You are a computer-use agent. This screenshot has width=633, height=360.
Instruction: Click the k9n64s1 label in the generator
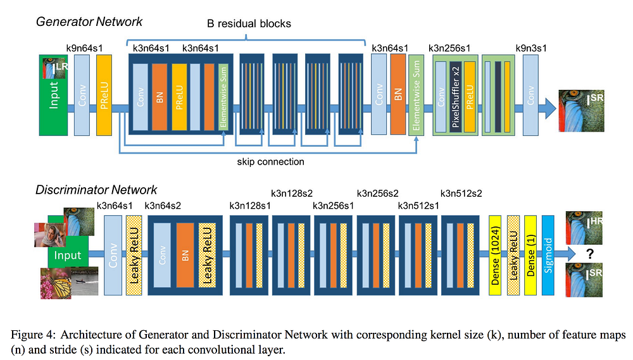[x=84, y=49]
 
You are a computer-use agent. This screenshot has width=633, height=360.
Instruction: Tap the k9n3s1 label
[x=531, y=49]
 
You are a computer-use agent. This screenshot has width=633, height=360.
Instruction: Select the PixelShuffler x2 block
[x=455, y=97]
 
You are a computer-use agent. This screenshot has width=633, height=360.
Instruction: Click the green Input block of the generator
[x=53, y=96]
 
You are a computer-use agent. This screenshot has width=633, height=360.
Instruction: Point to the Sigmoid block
[x=548, y=255]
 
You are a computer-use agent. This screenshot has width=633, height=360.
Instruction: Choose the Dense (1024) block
[x=495, y=255]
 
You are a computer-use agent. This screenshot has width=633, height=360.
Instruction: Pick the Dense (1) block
[x=530, y=255]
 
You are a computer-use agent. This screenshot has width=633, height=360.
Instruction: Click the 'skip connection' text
[x=270, y=162]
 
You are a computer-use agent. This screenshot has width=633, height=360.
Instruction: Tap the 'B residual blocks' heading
[x=249, y=24]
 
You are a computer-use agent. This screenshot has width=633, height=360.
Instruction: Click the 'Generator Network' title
[x=89, y=22]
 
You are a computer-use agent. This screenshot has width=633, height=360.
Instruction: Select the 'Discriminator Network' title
[x=96, y=190]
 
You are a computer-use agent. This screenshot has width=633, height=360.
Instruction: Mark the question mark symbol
[x=590, y=254]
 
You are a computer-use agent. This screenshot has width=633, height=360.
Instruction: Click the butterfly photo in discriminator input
[x=56, y=283]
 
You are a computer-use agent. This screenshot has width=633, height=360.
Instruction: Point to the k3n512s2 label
[x=461, y=194]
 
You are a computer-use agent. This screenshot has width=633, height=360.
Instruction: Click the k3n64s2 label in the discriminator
[x=163, y=206]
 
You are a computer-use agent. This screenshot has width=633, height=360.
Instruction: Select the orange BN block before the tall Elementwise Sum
[x=398, y=94]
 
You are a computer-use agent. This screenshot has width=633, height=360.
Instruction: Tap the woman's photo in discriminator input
[x=49, y=235]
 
